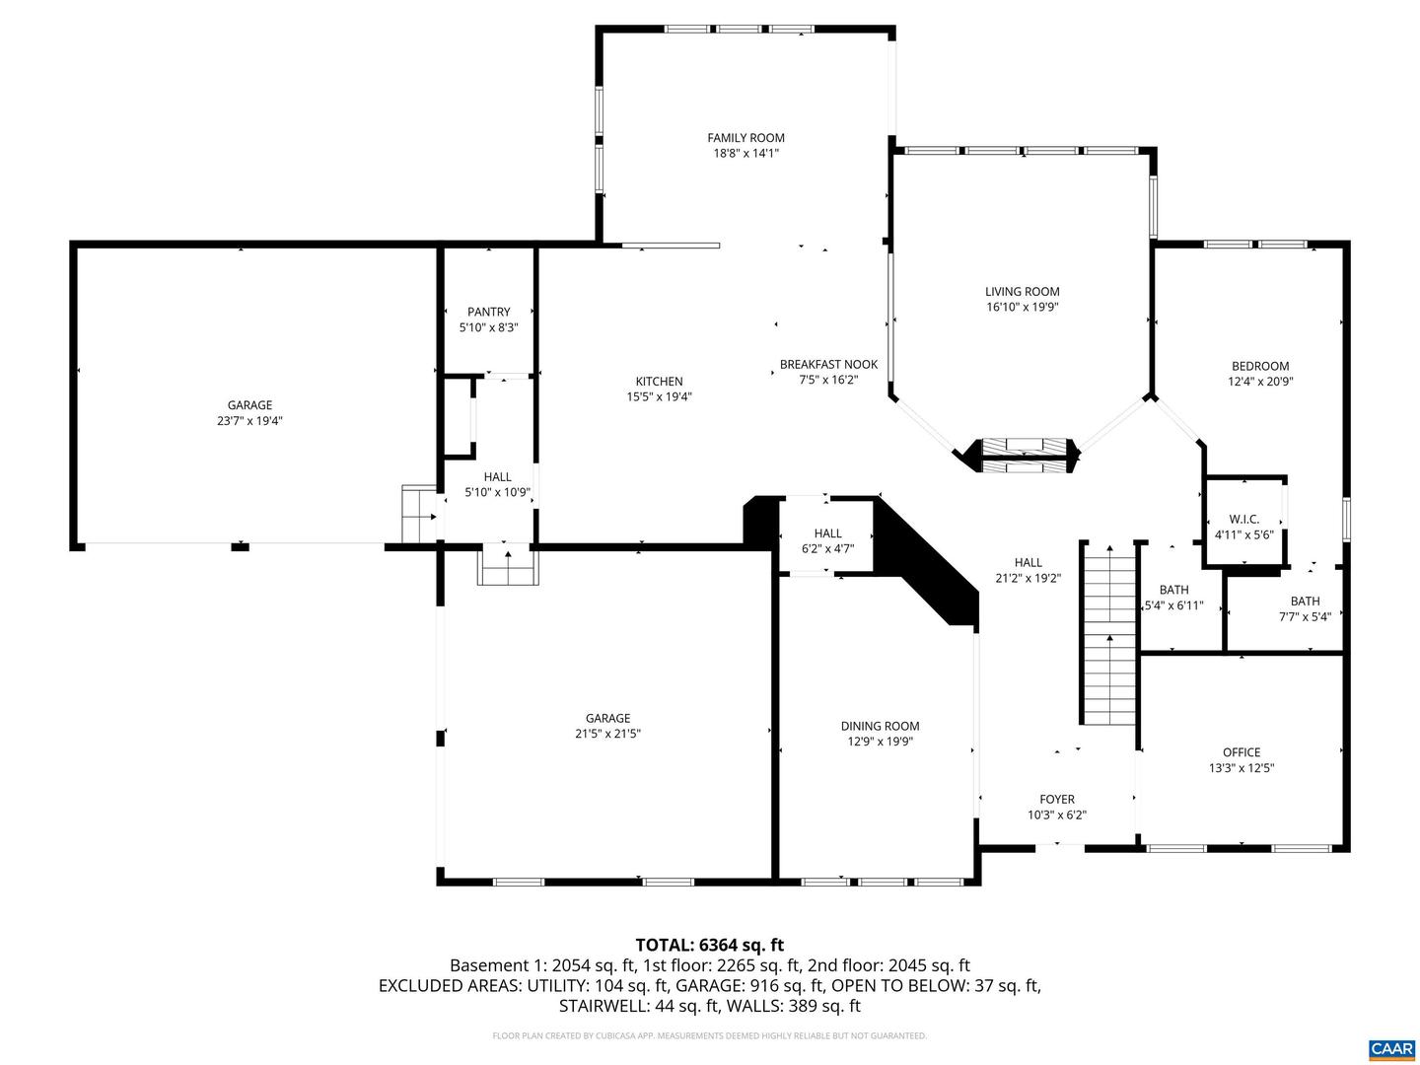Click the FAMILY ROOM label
(745, 138)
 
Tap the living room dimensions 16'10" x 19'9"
(1022, 308)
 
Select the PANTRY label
(488, 313)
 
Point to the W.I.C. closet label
(1243, 519)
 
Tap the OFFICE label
(1241, 752)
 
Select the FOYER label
(1056, 800)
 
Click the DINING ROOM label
(880, 727)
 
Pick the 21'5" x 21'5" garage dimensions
(607, 735)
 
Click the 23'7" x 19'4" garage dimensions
(249, 421)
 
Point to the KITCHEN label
(659, 382)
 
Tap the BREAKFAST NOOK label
(828, 364)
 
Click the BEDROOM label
(1259, 366)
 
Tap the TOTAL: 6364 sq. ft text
(709, 946)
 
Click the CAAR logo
(1390, 1048)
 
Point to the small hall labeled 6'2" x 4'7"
(827, 540)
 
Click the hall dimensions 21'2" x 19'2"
(1028, 579)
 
